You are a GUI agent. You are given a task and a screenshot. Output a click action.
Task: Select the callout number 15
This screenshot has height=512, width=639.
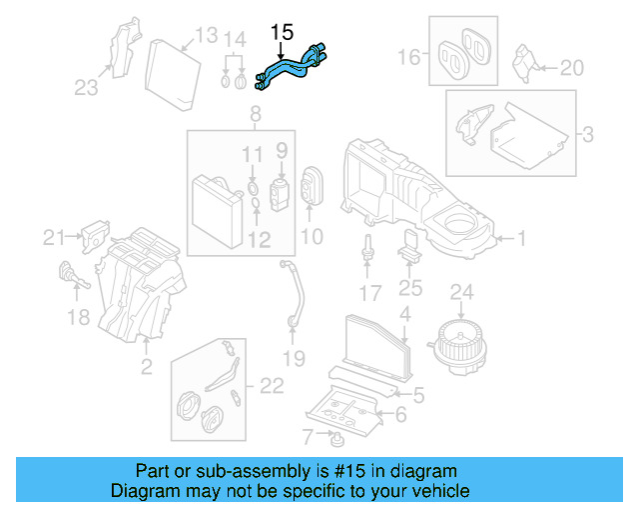(282, 33)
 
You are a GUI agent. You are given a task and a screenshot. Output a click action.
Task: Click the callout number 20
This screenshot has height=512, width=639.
(570, 68)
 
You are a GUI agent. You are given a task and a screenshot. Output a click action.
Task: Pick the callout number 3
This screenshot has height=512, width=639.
(587, 132)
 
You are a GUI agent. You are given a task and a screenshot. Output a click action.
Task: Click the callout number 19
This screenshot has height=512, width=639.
(292, 358)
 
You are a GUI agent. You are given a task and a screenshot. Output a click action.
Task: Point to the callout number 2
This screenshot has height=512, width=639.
(147, 367)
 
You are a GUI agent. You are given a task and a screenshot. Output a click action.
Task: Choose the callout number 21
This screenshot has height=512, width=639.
(52, 237)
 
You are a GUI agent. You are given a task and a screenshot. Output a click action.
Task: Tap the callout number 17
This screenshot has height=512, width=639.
(369, 293)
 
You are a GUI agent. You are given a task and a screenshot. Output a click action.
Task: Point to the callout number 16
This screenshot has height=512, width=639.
(409, 57)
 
